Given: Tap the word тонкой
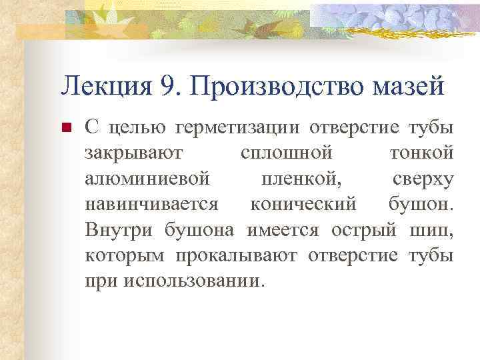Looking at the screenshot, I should pos(421,153).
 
